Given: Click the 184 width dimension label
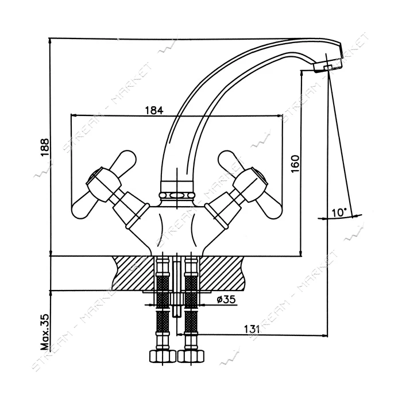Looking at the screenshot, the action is (154, 110).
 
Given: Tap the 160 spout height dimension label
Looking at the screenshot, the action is (295, 164).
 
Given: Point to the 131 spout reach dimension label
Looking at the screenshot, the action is (252, 329).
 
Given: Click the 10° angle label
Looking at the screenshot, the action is (339, 212).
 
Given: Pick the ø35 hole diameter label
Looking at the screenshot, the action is (226, 299).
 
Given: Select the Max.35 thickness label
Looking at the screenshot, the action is (45, 332).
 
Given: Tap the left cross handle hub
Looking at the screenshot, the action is (103, 183).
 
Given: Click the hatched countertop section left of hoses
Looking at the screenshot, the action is (134, 272).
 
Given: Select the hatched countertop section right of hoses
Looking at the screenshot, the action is (222, 272).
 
